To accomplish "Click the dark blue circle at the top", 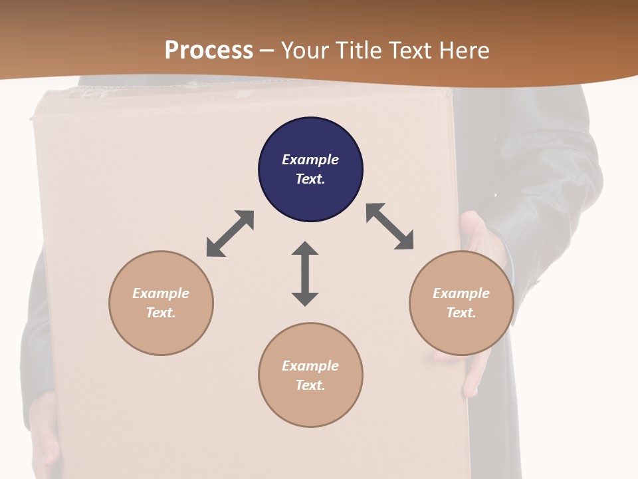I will pyautogui.click(x=310, y=169).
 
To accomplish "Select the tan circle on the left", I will pyautogui.click(x=161, y=303).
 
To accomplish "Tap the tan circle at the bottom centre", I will pyautogui.click(x=310, y=375).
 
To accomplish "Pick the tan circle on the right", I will pyautogui.click(x=461, y=303).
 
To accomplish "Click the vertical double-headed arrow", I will pyautogui.click(x=305, y=273).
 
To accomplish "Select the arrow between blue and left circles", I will pyautogui.click(x=230, y=234).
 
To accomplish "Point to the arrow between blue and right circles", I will pyautogui.click(x=389, y=226).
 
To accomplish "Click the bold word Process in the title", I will pyautogui.click(x=209, y=50).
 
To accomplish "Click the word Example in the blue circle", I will pyautogui.click(x=310, y=160).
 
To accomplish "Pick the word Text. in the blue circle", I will pyautogui.click(x=310, y=179).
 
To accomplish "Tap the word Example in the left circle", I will pyautogui.click(x=161, y=293).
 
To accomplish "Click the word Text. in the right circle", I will pyautogui.click(x=461, y=313).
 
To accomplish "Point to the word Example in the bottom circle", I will pyautogui.click(x=310, y=366).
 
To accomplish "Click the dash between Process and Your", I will pyautogui.click(x=267, y=50).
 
